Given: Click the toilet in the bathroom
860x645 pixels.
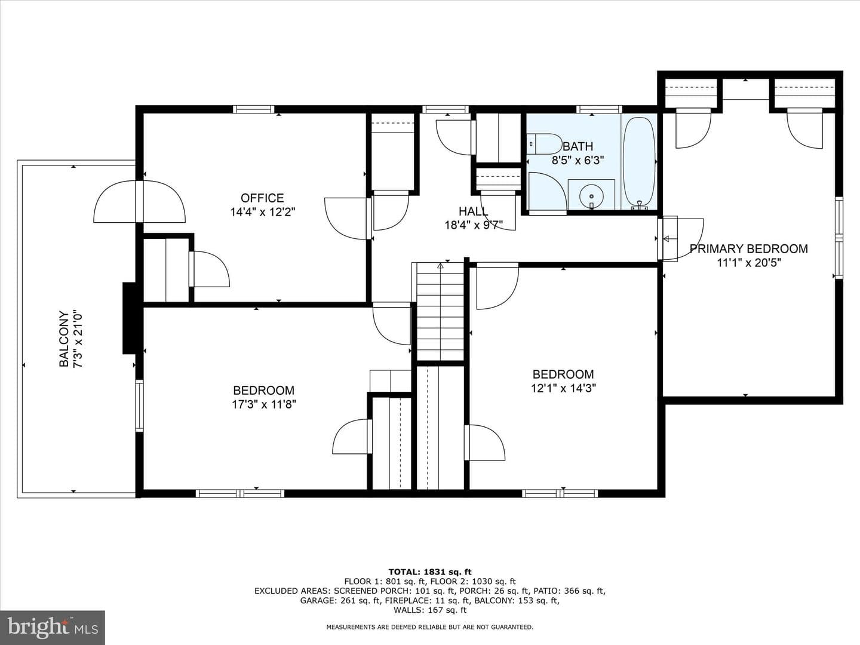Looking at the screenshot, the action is pyautogui.click(x=544, y=144).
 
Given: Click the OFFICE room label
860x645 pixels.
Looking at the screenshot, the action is pyautogui.click(x=262, y=198).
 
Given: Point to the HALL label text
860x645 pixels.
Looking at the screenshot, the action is pyautogui.click(x=473, y=211).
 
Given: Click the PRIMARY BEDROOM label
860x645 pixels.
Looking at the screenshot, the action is pyautogui.click(x=749, y=248).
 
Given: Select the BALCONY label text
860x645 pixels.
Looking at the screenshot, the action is pyautogui.click(x=64, y=339).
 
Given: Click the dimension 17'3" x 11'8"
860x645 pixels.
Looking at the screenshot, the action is pyautogui.click(x=264, y=404).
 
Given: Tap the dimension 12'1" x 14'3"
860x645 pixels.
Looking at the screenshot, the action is pyautogui.click(x=563, y=388).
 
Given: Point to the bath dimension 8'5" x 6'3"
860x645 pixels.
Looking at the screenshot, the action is pyautogui.click(x=578, y=160).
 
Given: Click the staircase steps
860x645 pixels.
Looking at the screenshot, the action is pyautogui.click(x=440, y=311).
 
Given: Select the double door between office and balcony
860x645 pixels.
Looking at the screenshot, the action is pyautogui.click(x=139, y=202).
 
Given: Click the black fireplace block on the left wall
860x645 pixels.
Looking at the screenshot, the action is pyautogui.click(x=129, y=318).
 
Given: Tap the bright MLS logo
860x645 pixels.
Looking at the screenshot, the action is pyautogui.click(x=53, y=628).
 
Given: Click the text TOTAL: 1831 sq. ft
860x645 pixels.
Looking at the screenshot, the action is pyautogui.click(x=430, y=572).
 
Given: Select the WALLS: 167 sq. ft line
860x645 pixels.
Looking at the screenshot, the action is pyautogui.click(x=430, y=610).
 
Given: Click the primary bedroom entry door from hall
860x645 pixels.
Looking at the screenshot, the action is pyautogui.click(x=681, y=239).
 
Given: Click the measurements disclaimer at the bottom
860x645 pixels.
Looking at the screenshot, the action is pyautogui.click(x=430, y=627).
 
